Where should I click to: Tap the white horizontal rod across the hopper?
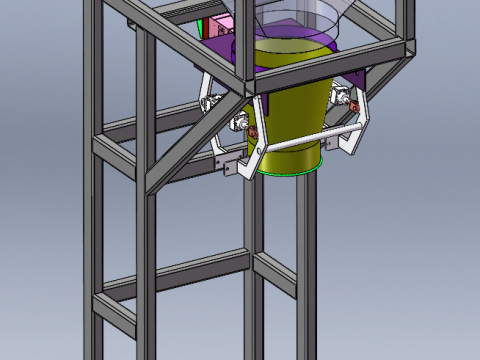point(300,143)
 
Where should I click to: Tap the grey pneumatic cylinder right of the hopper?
point(340,95)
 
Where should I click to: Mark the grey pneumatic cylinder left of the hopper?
point(240,121)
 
